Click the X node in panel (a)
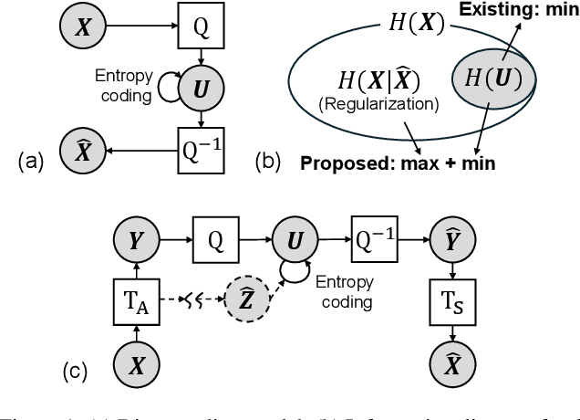pyautogui.click(x=83, y=27)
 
